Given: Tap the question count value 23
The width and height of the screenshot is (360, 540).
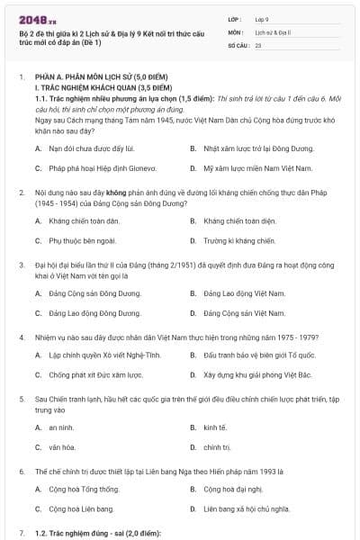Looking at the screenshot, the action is [258, 44].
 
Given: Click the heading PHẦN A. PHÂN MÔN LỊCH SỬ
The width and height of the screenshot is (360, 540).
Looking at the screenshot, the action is [100, 77].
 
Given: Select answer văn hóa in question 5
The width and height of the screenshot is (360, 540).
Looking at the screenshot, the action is [62, 447].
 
